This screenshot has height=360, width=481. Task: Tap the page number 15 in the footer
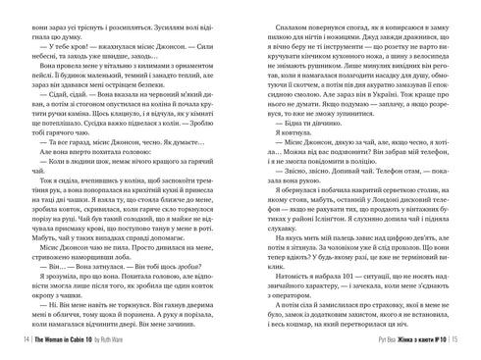pyautogui.click(x=464, y=342)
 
